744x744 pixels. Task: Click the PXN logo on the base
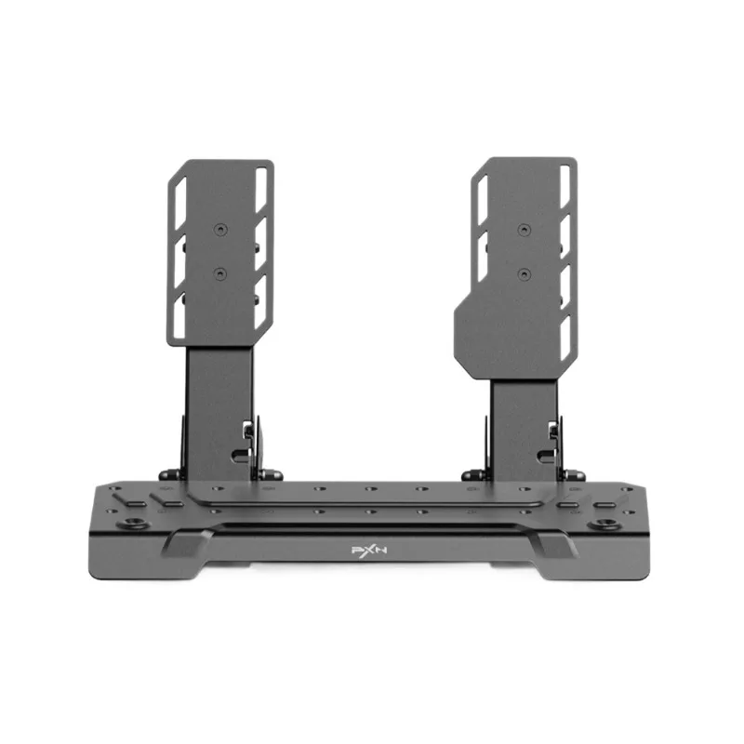click(x=369, y=550)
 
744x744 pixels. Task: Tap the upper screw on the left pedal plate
click(x=220, y=230)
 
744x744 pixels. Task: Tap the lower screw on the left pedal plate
click(x=220, y=273)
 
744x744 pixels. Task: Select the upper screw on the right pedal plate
click(x=524, y=230)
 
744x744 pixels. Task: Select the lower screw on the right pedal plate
click(x=524, y=273)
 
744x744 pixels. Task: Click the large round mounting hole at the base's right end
click(x=604, y=525)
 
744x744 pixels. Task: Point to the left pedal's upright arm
click(x=219, y=413)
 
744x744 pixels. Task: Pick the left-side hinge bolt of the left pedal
click(x=170, y=474)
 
